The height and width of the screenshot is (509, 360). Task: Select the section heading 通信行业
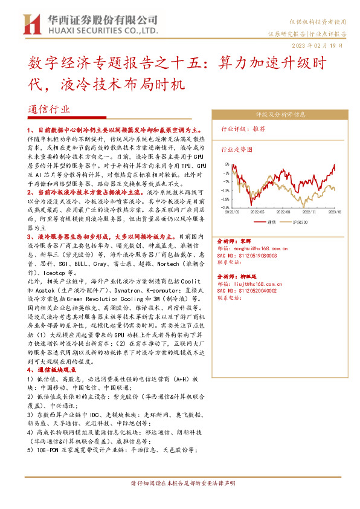(x=49, y=109)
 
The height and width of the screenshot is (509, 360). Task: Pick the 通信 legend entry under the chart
(x=270, y=222)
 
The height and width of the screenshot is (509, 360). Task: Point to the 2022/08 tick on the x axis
(x=283, y=212)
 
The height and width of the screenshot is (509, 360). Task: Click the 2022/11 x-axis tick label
(x=309, y=212)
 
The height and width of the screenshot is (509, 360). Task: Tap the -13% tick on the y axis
(x=225, y=190)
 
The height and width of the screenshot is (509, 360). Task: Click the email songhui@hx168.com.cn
(x=254, y=247)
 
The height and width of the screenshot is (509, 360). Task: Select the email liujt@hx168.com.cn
(x=252, y=283)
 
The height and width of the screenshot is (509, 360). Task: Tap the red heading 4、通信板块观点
(x=51, y=369)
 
